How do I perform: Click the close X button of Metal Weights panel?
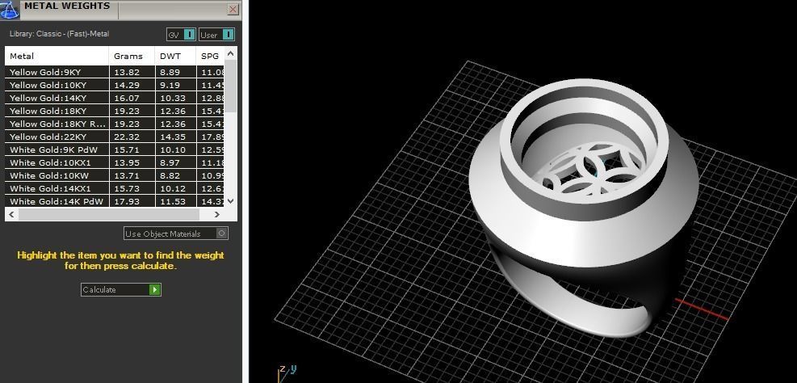point(233,10)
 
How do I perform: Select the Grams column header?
point(128,57)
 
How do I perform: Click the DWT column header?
point(170,57)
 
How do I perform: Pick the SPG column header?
point(210,57)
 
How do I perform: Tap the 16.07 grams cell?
point(127,98)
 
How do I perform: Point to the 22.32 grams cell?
point(127,137)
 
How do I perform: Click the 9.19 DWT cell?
point(170,85)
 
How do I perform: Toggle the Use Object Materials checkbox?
point(222,234)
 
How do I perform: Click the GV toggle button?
point(189,35)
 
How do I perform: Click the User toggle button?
point(228,35)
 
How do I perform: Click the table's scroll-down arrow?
point(231,201)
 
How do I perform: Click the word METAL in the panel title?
point(41,6)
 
